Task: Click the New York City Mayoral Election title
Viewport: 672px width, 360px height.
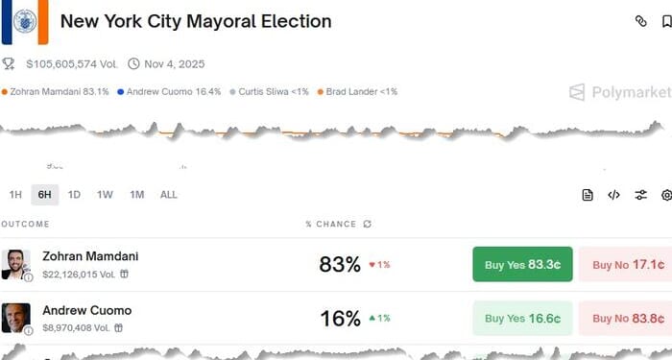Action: [196, 21]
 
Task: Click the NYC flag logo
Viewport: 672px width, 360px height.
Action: [24, 21]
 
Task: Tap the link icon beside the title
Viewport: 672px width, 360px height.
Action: [641, 21]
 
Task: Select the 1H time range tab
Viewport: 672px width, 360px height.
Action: [15, 195]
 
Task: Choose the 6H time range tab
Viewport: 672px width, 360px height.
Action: [44, 195]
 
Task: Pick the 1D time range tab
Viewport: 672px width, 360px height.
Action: [74, 195]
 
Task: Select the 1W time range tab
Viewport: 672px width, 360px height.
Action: [105, 195]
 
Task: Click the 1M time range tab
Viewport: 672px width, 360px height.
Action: [136, 195]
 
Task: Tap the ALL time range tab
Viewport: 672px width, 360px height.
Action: [168, 195]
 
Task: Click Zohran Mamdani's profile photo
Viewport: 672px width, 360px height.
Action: [15, 264]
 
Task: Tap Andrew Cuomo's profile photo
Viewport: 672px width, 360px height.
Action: [15, 318]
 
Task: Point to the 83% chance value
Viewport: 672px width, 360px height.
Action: [340, 264]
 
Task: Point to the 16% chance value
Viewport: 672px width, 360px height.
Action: [340, 318]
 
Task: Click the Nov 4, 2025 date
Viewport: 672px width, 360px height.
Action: [174, 64]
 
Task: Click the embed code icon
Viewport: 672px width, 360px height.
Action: [614, 195]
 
